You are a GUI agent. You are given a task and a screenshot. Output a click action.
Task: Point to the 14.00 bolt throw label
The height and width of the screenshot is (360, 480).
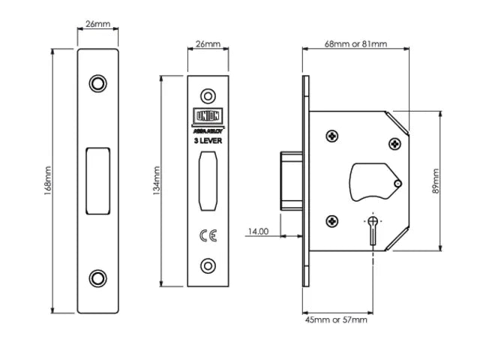[x=258, y=232]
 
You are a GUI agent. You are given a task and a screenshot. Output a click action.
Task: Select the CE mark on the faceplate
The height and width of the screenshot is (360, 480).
[x=207, y=235]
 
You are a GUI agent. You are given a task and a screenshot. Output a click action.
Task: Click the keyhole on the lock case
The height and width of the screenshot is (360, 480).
[x=373, y=227]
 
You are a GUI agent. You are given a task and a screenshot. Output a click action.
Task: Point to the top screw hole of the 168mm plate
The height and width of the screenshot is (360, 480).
[x=97, y=82]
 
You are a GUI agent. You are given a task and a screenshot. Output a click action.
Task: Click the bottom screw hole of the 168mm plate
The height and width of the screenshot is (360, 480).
[x=97, y=277]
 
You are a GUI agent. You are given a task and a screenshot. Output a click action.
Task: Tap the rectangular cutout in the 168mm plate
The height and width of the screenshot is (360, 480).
[x=97, y=180]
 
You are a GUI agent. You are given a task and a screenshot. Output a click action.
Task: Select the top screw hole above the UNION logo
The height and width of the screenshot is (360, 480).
[x=207, y=96]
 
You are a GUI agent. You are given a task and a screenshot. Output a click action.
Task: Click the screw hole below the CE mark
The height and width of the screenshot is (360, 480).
[x=207, y=265]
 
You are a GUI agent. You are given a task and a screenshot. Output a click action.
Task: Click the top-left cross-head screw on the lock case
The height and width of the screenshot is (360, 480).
[x=331, y=136]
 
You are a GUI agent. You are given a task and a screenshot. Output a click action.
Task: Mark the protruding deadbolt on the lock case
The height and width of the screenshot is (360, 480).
[x=289, y=180]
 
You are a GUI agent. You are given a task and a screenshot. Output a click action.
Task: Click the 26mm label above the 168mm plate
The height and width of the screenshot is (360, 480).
[x=97, y=25]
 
